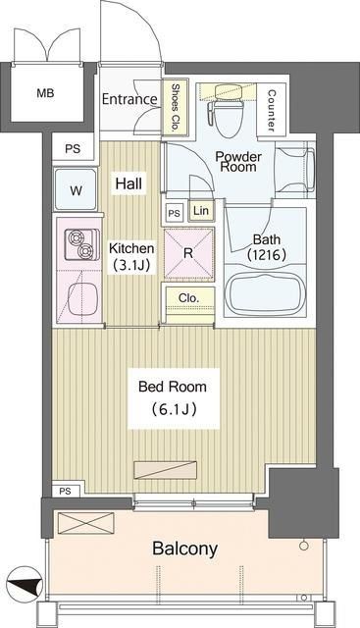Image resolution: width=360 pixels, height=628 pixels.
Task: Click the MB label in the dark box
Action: (46, 94)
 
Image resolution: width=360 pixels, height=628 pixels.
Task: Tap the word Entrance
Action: (129, 100)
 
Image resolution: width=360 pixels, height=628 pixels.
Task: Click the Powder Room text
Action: (236, 160)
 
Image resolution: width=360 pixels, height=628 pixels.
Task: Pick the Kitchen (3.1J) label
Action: (131, 257)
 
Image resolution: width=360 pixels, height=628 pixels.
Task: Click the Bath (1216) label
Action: (267, 247)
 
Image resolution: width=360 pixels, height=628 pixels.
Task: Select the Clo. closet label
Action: (188, 300)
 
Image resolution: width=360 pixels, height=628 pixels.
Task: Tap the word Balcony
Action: (184, 549)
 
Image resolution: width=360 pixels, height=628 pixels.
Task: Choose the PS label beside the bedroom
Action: (65, 490)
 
